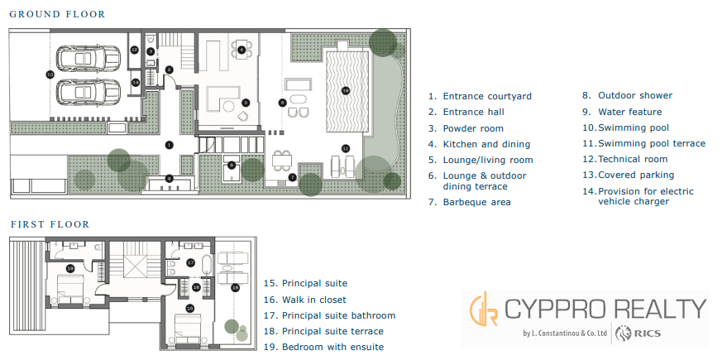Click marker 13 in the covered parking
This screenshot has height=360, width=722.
(x=50, y=74)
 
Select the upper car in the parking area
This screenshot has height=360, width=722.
(x=88, y=58)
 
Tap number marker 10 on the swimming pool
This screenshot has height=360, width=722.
(x=346, y=91)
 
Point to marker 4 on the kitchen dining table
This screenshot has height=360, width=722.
(x=241, y=50)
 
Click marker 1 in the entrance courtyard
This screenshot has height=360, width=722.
(x=169, y=145)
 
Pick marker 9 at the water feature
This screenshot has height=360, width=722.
(x=170, y=178)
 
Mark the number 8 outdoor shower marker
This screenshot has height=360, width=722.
(x=232, y=164)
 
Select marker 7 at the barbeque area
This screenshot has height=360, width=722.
(x=292, y=177)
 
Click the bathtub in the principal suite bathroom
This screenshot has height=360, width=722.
(x=207, y=265)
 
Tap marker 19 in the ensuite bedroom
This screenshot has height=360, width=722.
(x=70, y=268)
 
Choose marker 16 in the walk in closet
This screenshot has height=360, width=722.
(x=196, y=286)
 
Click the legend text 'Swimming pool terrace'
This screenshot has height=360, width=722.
(x=652, y=143)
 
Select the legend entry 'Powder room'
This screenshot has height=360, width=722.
(x=473, y=128)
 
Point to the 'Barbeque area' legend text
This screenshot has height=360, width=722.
(x=476, y=202)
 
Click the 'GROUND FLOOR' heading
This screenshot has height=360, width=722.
(x=58, y=14)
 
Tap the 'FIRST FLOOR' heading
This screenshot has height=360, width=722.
(x=50, y=224)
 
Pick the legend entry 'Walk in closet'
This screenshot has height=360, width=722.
(x=314, y=300)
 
